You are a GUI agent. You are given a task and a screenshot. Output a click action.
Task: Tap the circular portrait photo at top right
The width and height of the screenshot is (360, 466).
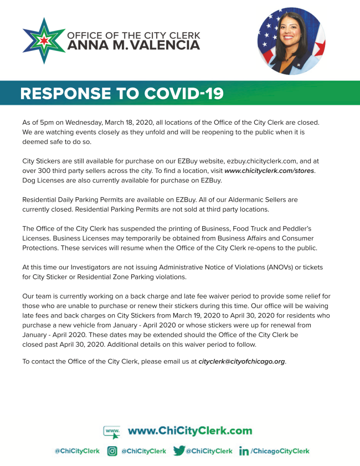tap(291, 42)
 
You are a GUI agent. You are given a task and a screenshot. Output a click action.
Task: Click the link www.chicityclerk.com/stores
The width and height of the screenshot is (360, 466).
tap(269, 171)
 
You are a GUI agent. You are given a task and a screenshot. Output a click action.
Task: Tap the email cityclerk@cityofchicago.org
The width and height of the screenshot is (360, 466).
tap(242, 361)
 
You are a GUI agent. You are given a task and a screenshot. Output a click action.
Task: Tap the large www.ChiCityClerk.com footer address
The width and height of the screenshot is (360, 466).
tap(189, 431)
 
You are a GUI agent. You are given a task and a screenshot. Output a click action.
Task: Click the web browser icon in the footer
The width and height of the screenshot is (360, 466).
tap(112, 431)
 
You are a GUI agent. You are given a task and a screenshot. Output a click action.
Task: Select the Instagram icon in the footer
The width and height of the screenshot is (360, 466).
tap(112, 451)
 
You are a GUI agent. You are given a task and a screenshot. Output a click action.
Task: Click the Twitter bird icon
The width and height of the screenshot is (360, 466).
tap(178, 451)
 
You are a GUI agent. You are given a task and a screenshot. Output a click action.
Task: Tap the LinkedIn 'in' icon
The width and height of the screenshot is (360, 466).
tap(244, 451)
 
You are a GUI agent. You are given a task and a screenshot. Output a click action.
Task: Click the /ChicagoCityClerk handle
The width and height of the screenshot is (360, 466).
tap(280, 451)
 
